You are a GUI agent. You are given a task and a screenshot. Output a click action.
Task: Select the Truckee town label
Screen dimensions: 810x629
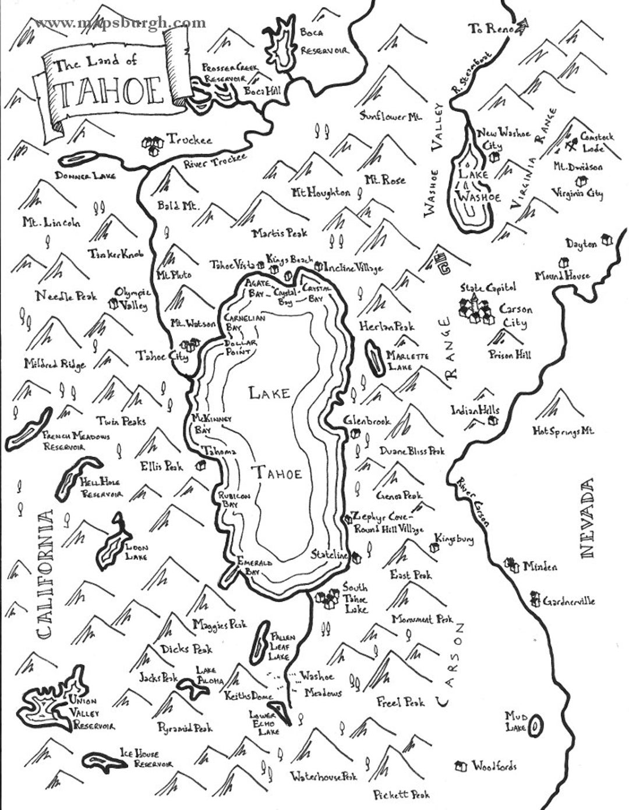point(190,140)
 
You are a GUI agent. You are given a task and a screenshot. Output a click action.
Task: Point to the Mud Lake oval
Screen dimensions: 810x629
point(536,724)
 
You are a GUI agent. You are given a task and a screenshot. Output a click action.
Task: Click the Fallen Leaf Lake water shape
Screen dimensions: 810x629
point(260,642)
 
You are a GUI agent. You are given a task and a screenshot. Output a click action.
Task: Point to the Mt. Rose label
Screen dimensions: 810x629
point(384,180)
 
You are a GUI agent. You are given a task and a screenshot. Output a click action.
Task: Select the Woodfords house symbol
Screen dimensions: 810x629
point(462,766)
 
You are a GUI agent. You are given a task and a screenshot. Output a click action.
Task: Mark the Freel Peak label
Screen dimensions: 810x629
point(401,702)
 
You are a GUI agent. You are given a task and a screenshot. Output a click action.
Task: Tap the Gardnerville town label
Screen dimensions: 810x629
point(568,601)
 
